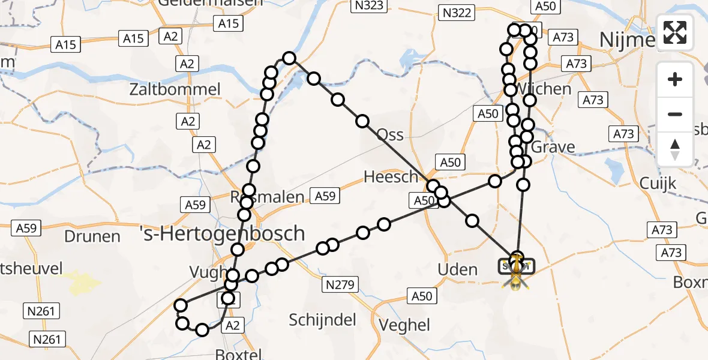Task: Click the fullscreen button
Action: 675,32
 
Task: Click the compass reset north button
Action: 675,149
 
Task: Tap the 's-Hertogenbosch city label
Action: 222,233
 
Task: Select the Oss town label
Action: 390,134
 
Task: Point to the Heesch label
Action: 391,176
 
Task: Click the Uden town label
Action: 458,270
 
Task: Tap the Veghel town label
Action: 405,325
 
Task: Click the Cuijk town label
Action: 658,183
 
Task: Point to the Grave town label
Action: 553,147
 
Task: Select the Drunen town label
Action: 93,236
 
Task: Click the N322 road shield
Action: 457,12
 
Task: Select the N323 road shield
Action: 368,5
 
